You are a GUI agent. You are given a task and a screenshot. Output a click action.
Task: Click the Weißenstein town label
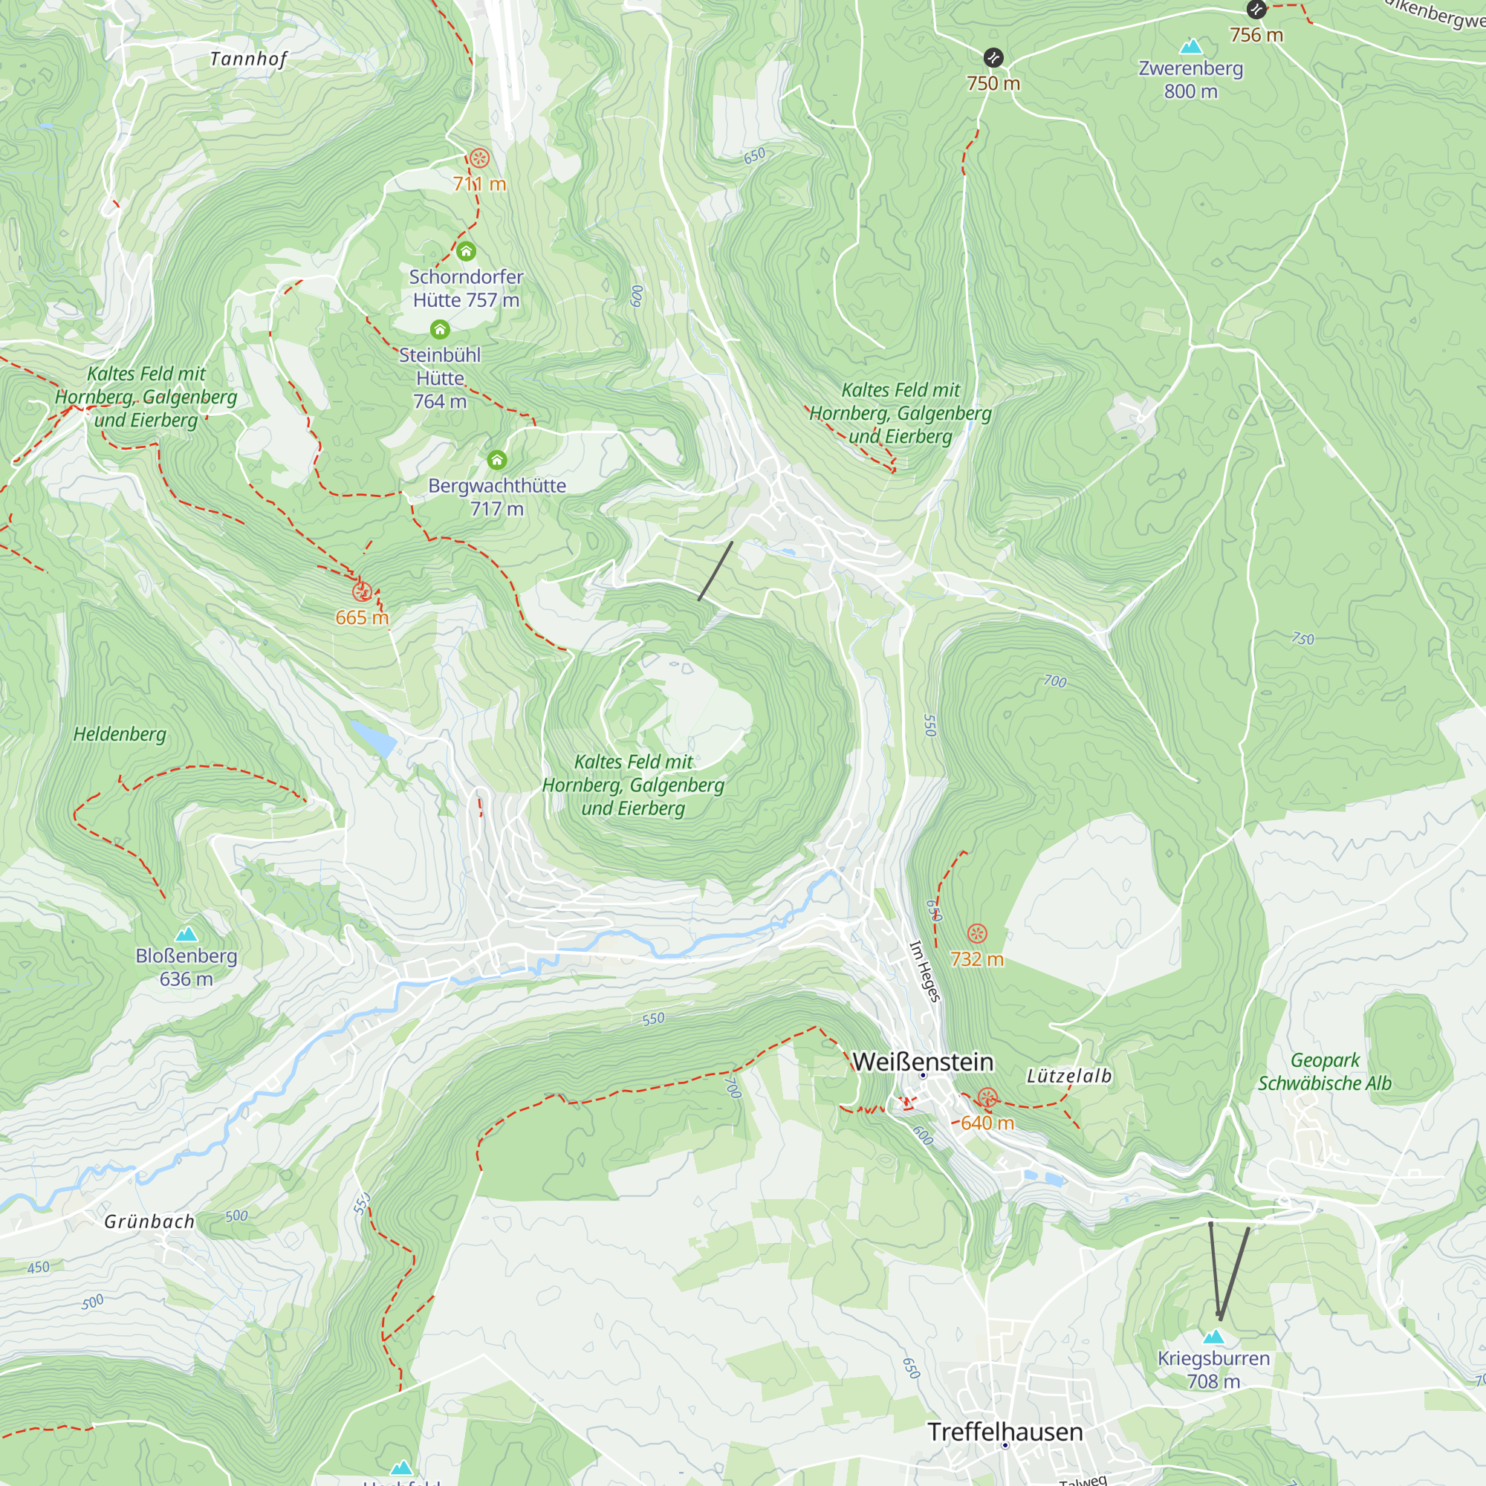922,1062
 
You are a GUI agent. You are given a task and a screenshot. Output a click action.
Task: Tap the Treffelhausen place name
1005,1433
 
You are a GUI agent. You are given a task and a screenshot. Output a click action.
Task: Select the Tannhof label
247,59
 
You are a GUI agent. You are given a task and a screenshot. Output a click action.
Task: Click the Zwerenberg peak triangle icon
1190,47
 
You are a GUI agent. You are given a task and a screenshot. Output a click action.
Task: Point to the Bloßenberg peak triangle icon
186,935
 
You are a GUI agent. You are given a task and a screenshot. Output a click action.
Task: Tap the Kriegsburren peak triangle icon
1213,1337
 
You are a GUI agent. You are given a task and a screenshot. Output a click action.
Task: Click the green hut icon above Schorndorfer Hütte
466,252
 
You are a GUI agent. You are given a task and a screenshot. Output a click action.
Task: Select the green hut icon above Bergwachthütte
497,460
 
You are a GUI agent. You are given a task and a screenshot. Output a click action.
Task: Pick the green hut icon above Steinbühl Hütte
440,330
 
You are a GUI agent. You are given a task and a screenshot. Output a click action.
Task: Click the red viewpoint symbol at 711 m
479,158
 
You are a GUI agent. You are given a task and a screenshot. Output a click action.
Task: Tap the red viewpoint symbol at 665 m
363,591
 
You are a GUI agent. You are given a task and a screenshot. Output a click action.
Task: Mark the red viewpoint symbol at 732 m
977,934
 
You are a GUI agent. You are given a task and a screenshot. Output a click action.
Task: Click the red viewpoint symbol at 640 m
987,1097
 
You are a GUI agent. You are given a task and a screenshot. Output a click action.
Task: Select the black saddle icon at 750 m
993,58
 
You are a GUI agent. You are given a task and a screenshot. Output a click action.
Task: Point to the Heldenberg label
120,734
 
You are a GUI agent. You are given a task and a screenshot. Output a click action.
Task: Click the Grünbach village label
149,1221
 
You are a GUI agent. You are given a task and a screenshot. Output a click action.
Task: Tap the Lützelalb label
1069,1076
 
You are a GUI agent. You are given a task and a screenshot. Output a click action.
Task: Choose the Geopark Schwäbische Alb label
1325,1071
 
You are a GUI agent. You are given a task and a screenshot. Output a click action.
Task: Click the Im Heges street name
924,971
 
